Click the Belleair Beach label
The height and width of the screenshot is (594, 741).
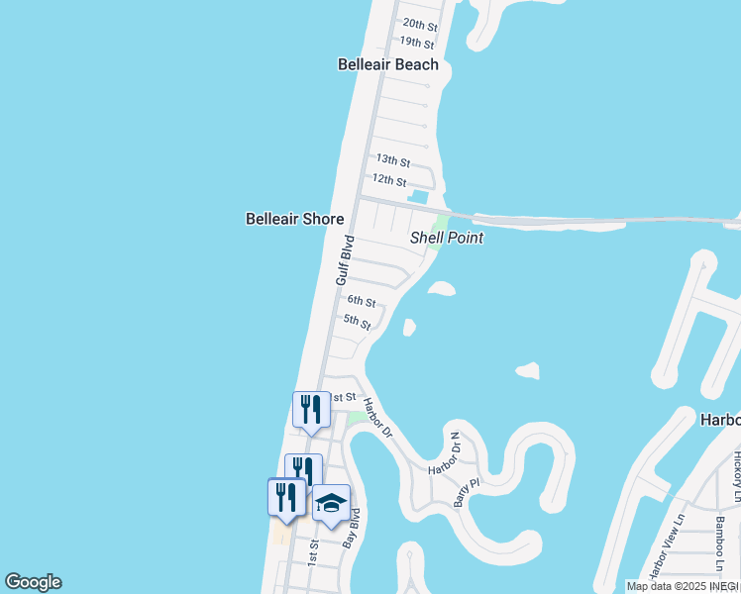(387, 64)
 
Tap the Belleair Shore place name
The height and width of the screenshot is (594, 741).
(294, 219)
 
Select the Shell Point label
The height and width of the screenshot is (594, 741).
(447, 239)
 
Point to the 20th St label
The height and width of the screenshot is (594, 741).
(419, 24)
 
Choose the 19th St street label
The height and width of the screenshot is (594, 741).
(416, 43)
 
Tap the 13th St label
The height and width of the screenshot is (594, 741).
(392, 159)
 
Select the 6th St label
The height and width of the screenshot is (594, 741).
(361, 301)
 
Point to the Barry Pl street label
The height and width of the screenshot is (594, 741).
(466, 492)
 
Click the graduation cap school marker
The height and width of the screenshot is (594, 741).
(331, 503)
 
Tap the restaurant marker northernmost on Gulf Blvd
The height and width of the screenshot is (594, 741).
(311, 409)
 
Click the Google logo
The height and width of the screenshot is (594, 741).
(33, 582)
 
